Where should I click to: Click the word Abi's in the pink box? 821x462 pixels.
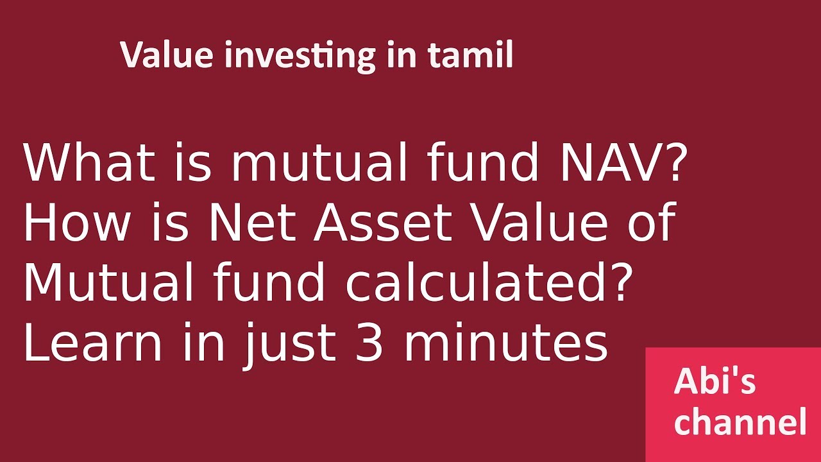coord(715,382)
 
